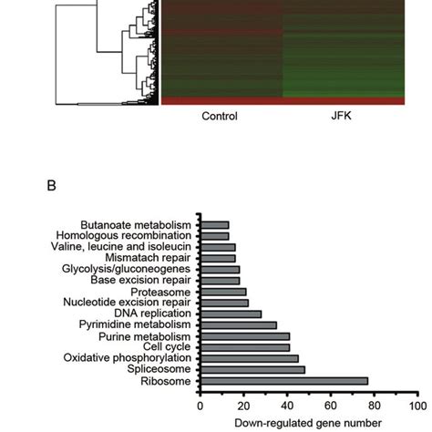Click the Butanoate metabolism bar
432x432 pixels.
tap(215, 225)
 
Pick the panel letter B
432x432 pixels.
tap(53, 190)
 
